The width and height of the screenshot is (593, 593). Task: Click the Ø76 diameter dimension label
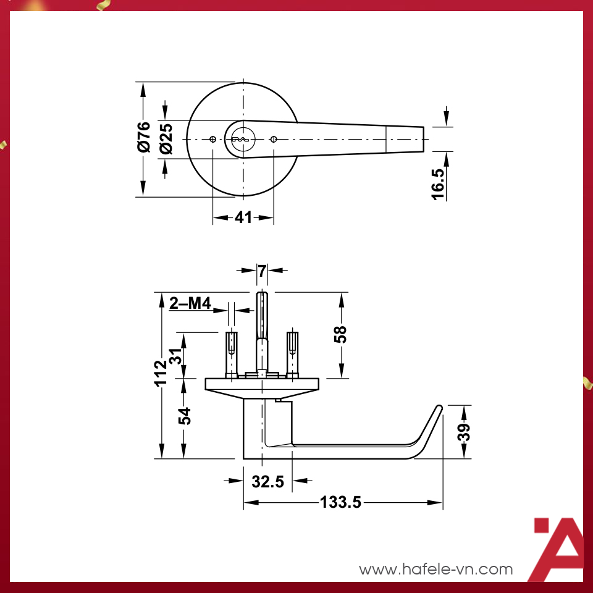(143, 137)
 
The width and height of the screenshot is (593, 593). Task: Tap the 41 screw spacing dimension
(243, 217)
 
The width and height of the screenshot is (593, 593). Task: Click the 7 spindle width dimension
(262, 270)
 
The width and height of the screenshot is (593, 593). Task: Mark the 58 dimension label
(340, 334)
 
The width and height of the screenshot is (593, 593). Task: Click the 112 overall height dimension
(161, 373)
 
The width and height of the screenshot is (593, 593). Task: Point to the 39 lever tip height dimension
(464, 432)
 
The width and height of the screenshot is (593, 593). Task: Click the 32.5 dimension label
(267, 481)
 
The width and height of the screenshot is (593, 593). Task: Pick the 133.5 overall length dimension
(340, 503)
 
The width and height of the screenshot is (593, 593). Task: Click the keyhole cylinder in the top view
(240, 139)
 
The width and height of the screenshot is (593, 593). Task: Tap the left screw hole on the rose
(212, 139)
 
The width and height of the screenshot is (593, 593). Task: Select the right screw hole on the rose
(274, 139)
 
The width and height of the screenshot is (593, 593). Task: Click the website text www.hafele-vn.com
(436, 569)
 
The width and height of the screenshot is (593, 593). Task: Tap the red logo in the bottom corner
(558, 549)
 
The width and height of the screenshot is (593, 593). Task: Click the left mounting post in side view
(231, 353)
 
